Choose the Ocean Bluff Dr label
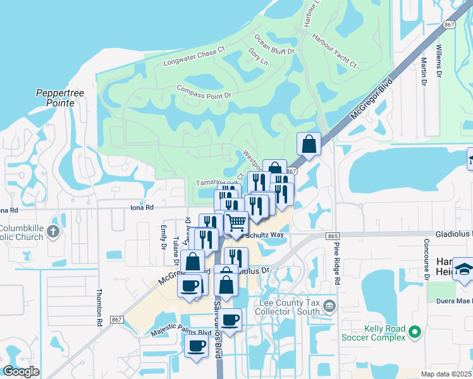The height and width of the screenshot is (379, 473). [274, 45]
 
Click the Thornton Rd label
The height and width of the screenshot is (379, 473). [99, 308]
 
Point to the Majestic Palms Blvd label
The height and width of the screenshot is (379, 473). [180, 332]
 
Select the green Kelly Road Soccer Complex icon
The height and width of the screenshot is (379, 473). [415, 331]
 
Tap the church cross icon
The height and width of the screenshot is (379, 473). [52, 232]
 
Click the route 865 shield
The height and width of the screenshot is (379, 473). [333, 236]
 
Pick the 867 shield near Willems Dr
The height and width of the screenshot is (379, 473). [450, 25]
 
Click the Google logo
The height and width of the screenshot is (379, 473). [21, 371]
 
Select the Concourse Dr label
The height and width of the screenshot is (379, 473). [427, 260]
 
